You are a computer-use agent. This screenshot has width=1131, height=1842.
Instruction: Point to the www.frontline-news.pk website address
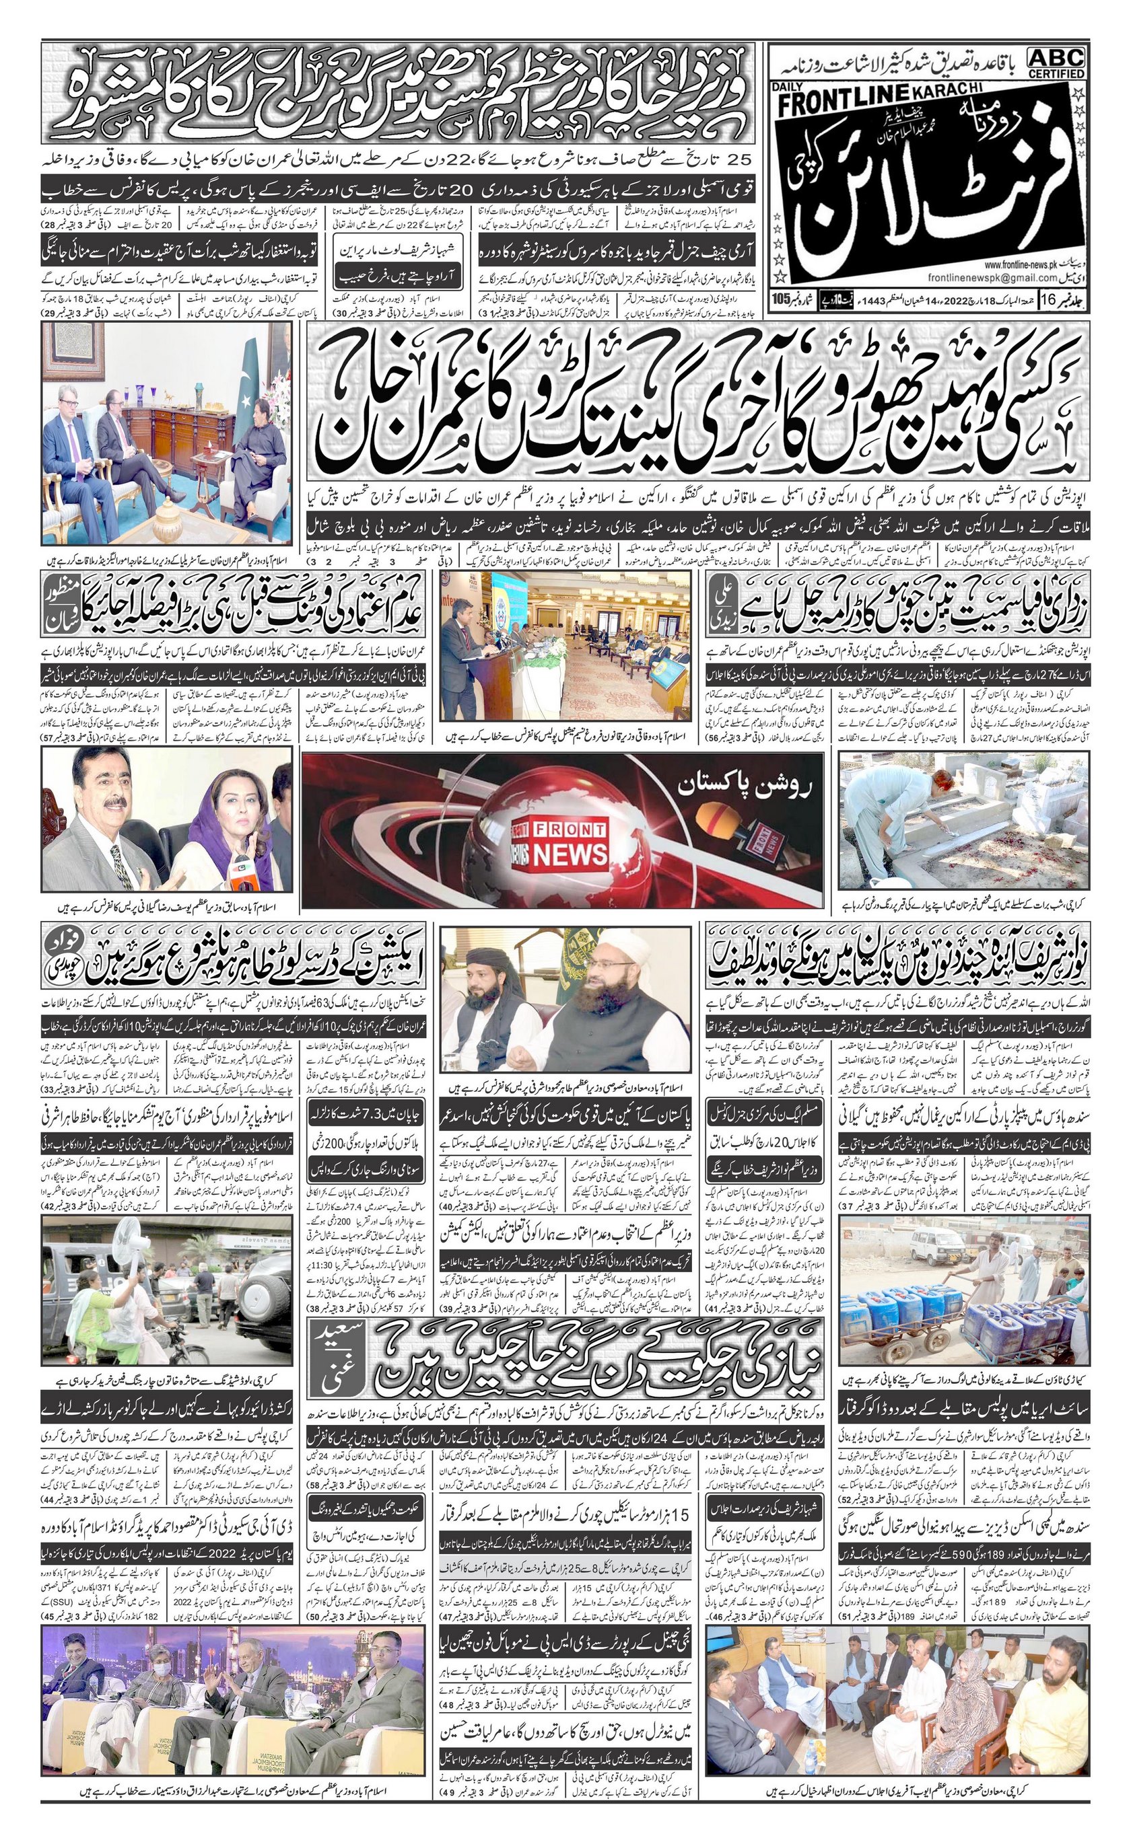click(1029, 264)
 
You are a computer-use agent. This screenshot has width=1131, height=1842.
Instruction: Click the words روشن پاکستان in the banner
click(750, 786)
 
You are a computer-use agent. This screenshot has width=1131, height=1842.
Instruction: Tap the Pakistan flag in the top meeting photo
click(243, 404)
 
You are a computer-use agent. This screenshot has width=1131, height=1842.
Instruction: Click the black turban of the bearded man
click(481, 963)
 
